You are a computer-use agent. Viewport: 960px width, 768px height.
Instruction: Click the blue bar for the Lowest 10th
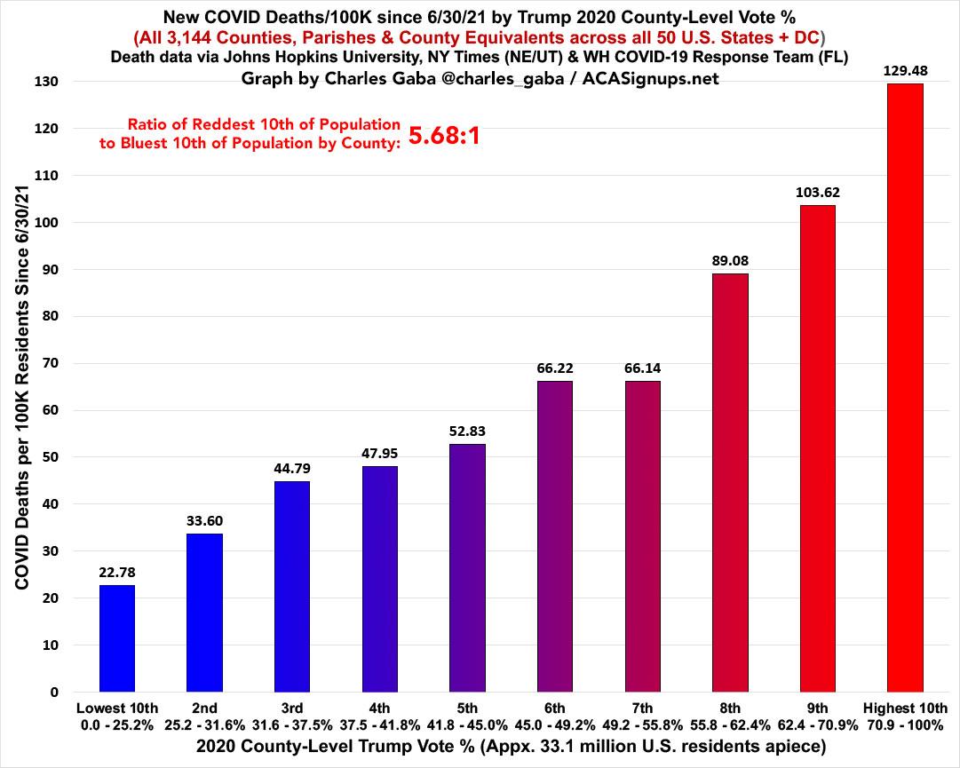[x=117, y=638]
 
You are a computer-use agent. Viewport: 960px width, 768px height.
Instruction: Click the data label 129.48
[x=906, y=69]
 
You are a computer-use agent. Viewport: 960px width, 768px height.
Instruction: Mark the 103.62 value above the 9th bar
[x=818, y=192]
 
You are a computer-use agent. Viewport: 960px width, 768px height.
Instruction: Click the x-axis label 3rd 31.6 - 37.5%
[x=292, y=716]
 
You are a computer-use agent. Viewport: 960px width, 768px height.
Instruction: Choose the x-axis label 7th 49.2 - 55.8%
[x=643, y=716]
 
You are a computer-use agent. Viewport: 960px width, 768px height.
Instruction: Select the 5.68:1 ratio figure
[x=444, y=136]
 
